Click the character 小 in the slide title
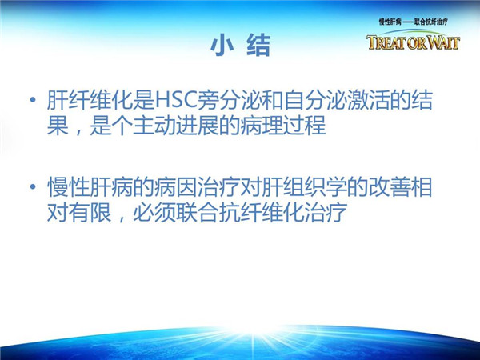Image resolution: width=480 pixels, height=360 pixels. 222,45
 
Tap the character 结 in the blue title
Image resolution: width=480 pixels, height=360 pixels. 258,45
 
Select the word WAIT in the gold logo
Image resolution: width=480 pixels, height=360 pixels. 443,42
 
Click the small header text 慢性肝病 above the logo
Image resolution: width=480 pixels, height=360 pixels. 390,22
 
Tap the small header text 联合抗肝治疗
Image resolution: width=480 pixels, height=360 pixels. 431,22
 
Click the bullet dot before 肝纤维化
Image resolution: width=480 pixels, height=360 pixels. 33,100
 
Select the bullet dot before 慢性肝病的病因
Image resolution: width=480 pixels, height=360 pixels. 33,186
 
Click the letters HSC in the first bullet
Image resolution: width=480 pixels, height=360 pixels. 176,100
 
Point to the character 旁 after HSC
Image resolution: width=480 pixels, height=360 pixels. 209,100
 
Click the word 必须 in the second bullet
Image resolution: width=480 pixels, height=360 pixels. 154,212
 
